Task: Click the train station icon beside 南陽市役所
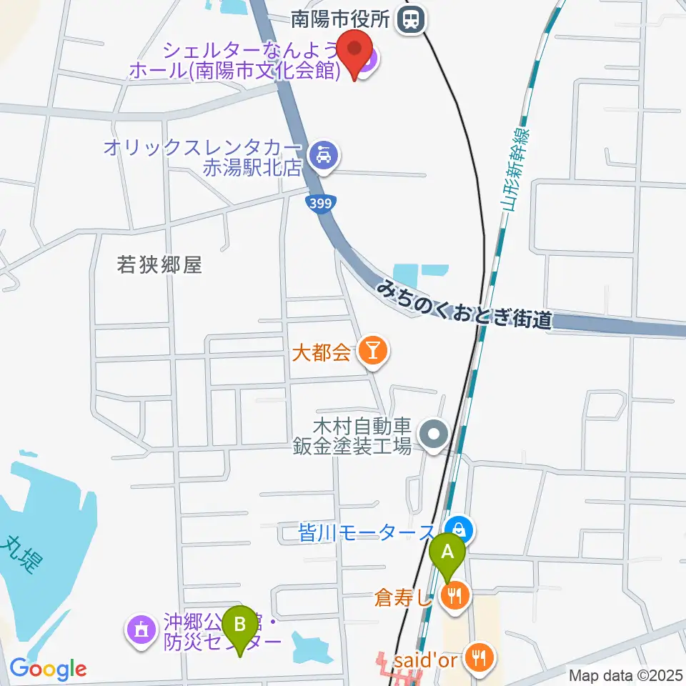[x=412, y=19]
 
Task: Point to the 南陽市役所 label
[x=343, y=19]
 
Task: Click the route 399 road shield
[x=319, y=204]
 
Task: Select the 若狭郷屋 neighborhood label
[x=159, y=265]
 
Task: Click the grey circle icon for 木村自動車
[x=433, y=434]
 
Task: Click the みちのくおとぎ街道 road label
[x=465, y=304]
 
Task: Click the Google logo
[x=48, y=669]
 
